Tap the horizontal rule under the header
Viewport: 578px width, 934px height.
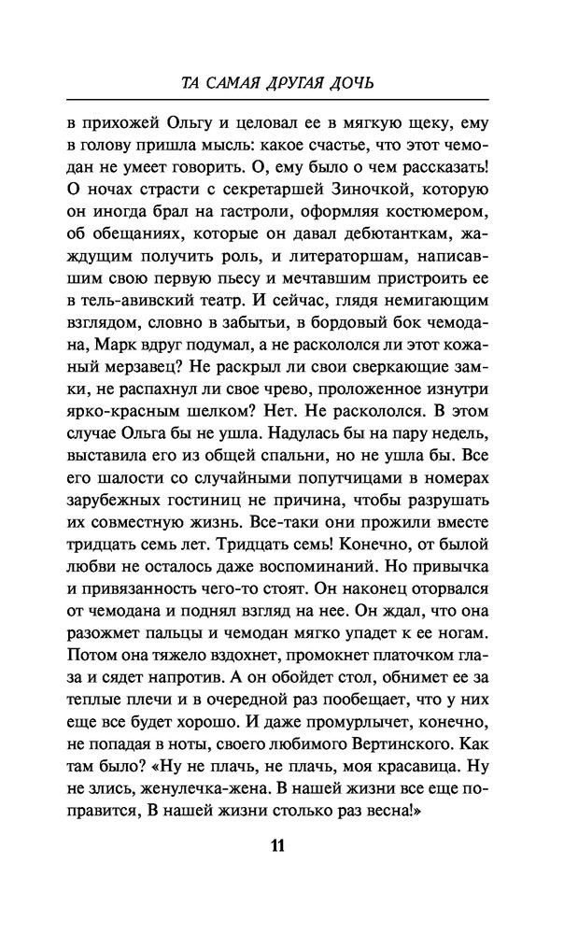[289, 99]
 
